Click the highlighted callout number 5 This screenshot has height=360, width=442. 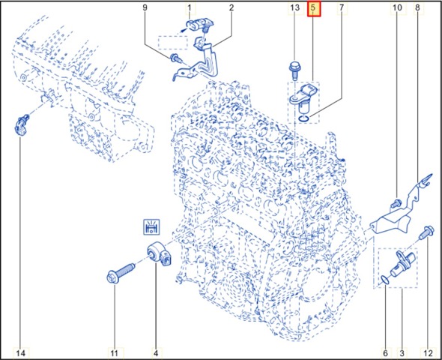314,8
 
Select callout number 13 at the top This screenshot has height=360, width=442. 295,7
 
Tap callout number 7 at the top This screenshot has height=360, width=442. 342,7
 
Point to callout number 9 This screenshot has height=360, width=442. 145,7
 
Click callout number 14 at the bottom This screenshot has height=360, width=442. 20,353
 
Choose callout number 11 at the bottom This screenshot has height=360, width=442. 114,353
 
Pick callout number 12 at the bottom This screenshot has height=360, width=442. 428,353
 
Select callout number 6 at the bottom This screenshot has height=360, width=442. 385,353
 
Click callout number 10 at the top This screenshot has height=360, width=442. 397,7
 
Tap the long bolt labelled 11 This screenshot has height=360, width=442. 121,272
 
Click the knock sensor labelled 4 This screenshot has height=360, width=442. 160,254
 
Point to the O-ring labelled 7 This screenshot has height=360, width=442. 304,118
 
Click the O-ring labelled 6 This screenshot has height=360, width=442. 384,280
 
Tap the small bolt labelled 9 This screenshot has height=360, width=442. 176,59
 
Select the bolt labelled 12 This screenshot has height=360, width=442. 423,232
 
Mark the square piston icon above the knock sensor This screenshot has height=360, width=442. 151,226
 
